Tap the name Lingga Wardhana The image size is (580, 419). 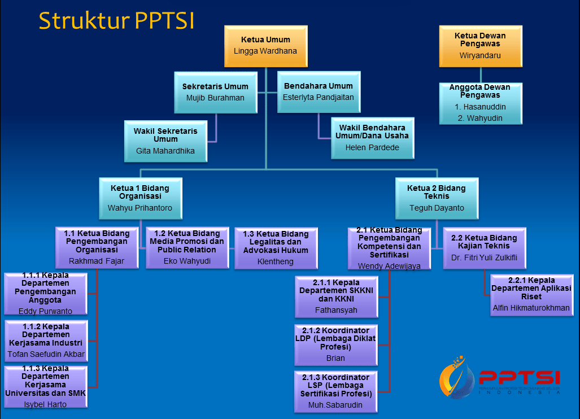click(265, 51)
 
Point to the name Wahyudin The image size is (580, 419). click(481, 118)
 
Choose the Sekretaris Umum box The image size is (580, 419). click(215, 92)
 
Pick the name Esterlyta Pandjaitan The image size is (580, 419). click(319, 97)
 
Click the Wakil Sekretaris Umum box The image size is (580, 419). click(165, 141)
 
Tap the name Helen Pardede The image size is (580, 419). click(372, 147)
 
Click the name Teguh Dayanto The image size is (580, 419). click(437, 208)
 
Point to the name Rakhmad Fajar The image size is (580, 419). click(97, 261)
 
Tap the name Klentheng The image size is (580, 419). click(276, 262)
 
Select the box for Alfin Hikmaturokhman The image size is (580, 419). click(531, 294)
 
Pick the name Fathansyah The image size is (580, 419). click(336, 310)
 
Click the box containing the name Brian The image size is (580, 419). click(335, 344)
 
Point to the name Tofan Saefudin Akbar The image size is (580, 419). click(46, 355)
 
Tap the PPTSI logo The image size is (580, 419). click(500, 377)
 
